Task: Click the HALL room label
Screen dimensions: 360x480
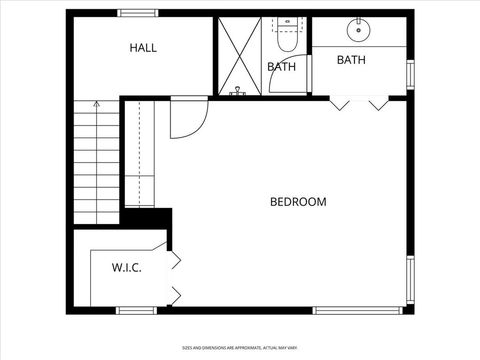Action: click(143, 47)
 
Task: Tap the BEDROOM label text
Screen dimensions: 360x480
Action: click(298, 202)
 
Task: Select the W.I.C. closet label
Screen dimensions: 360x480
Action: click(126, 267)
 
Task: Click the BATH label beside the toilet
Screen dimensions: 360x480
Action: click(281, 67)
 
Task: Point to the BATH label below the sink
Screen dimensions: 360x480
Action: click(350, 60)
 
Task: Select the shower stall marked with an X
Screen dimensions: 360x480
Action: click(240, 54)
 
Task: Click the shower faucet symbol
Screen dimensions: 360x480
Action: click(238, 90)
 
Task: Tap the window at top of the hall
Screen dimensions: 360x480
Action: click(137, 12)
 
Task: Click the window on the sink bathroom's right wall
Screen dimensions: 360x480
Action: click(410, 74)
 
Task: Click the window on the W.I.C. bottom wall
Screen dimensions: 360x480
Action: click(131, 307)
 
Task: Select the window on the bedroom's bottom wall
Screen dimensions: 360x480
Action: click(348, 307)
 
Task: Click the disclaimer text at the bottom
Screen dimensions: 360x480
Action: click(240, 348)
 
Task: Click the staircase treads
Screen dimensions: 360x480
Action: click(96, 165)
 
